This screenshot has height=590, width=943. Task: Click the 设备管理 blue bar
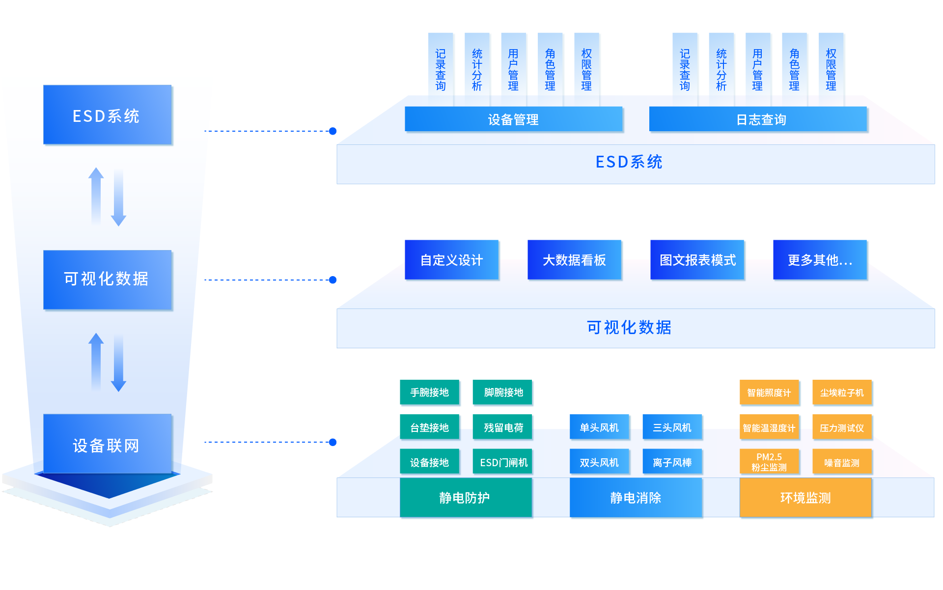[513, 119]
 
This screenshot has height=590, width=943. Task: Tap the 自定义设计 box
[452, 260]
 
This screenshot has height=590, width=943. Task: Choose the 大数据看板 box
[575, 260]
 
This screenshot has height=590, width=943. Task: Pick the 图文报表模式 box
[697, 260]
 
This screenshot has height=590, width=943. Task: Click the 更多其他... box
[820, 260]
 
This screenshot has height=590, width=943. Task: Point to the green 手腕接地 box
[430, 393]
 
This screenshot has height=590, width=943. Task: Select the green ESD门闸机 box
[503, 462]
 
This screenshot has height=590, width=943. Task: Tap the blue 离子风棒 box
[672, 462]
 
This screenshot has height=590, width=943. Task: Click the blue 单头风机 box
[599, 427]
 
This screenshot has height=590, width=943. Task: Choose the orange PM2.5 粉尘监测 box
[769, 462]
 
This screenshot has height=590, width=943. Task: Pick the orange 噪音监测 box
[842, 462]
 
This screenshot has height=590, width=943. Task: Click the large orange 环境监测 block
[805, 498]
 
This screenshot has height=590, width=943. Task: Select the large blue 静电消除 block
[636, 498]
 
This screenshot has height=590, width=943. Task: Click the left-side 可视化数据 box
[108, 279]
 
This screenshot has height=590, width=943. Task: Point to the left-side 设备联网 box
[108, 445]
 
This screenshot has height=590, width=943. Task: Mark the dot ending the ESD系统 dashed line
[333, 131]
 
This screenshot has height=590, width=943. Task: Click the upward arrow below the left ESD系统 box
[96, 197]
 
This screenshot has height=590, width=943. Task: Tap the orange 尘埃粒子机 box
[842, 393]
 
